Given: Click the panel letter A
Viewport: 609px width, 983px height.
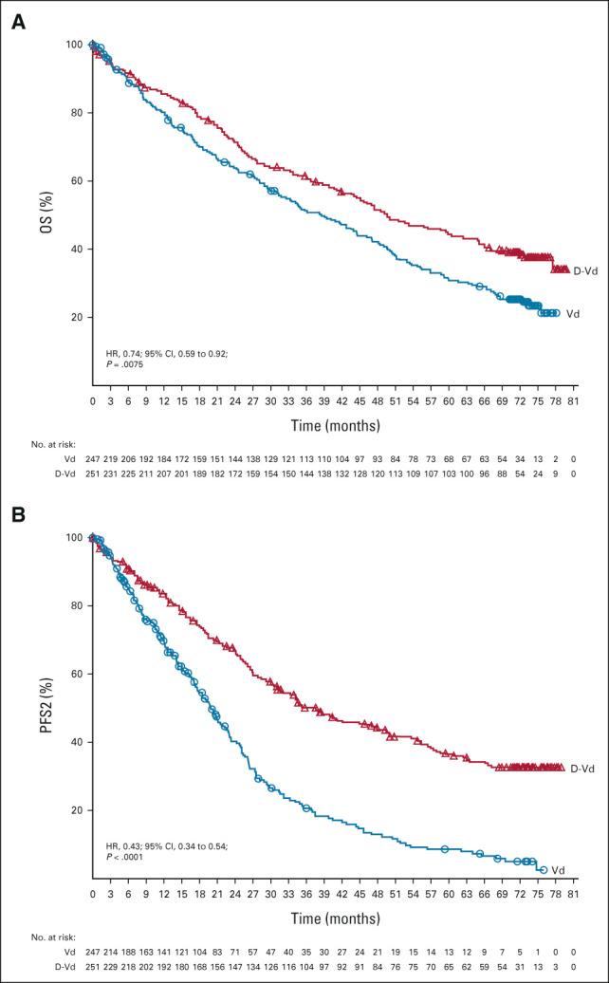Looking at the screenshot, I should pos(16,22).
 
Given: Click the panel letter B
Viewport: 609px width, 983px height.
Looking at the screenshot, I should pos(16,515).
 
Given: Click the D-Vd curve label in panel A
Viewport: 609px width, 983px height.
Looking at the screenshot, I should pos(584,270).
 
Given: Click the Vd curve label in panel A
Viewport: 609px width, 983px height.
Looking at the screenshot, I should pos(574,312).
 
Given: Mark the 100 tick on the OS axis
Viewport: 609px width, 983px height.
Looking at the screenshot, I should pos(74,45).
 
